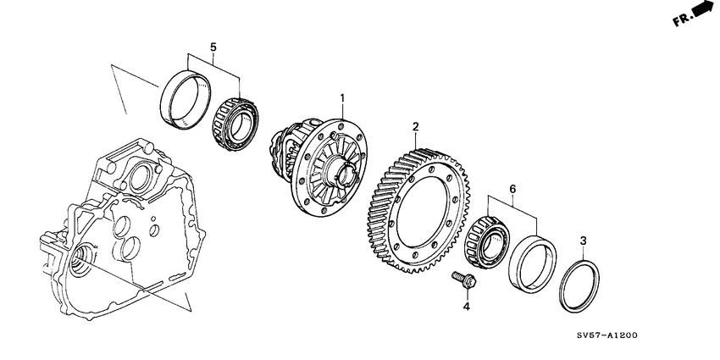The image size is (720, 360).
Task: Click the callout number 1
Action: (342, 97)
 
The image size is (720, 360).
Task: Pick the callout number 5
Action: (214, 47)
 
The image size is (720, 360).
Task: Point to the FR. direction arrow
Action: (701, 11)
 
